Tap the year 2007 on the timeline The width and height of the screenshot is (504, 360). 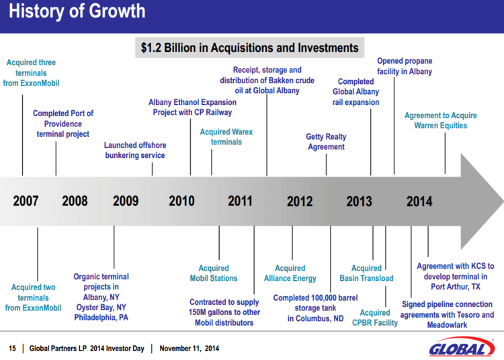(x=26, y=201)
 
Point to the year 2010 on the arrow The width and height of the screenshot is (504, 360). (x=181, y=201)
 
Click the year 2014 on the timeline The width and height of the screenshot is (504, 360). (x=419, y=201)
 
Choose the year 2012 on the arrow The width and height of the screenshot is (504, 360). (x=300, y=201)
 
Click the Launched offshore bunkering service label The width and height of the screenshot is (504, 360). (x=135, y=150)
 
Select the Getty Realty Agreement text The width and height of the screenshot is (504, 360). (x=326, y=142)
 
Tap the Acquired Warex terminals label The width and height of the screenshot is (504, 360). (x=226, y=137)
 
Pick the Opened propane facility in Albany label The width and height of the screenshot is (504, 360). (x=405, y=66)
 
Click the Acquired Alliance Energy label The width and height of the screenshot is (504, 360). (x=290, y=273)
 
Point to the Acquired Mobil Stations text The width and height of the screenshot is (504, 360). (x=214, y=273)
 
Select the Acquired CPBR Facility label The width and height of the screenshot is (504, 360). (x=375, y=318)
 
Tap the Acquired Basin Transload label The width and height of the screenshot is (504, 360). (x=366, y=273)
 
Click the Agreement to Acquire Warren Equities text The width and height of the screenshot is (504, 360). (x=441, y=121)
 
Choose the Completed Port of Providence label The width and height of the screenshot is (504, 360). (x=63, y=124)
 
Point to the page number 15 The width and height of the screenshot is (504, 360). (x=12, y=349)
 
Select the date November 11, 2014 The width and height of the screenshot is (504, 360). (x=189, y=349)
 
